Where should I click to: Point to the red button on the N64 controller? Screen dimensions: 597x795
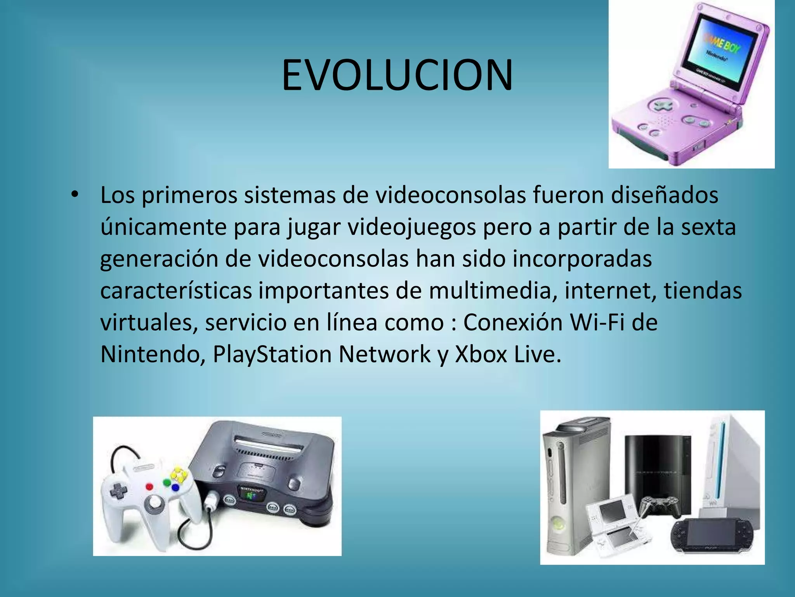click(149, 486)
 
